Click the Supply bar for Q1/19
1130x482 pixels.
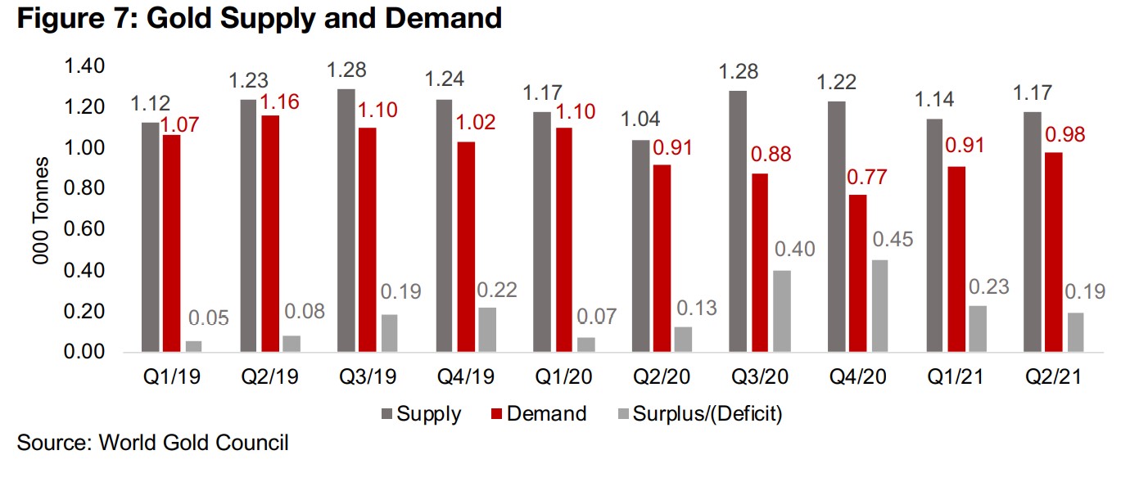pyautogui.click(x=151, y=237)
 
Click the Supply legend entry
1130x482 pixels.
pyautogui.click(x=420, y=414)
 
